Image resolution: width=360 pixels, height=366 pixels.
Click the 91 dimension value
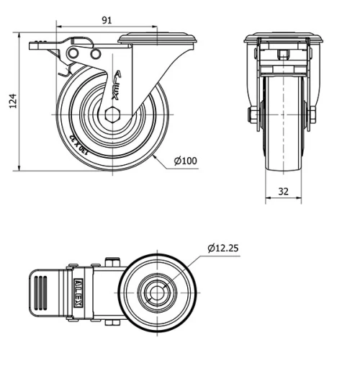105,20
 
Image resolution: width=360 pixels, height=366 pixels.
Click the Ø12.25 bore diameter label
223,248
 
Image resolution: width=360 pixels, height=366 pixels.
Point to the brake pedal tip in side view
35,45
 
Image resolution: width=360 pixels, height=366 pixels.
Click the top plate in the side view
156,37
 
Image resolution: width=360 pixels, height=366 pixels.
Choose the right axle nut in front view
312,115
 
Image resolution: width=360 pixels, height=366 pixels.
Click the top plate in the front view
282,37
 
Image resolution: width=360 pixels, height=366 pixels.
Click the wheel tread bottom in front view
282,170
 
